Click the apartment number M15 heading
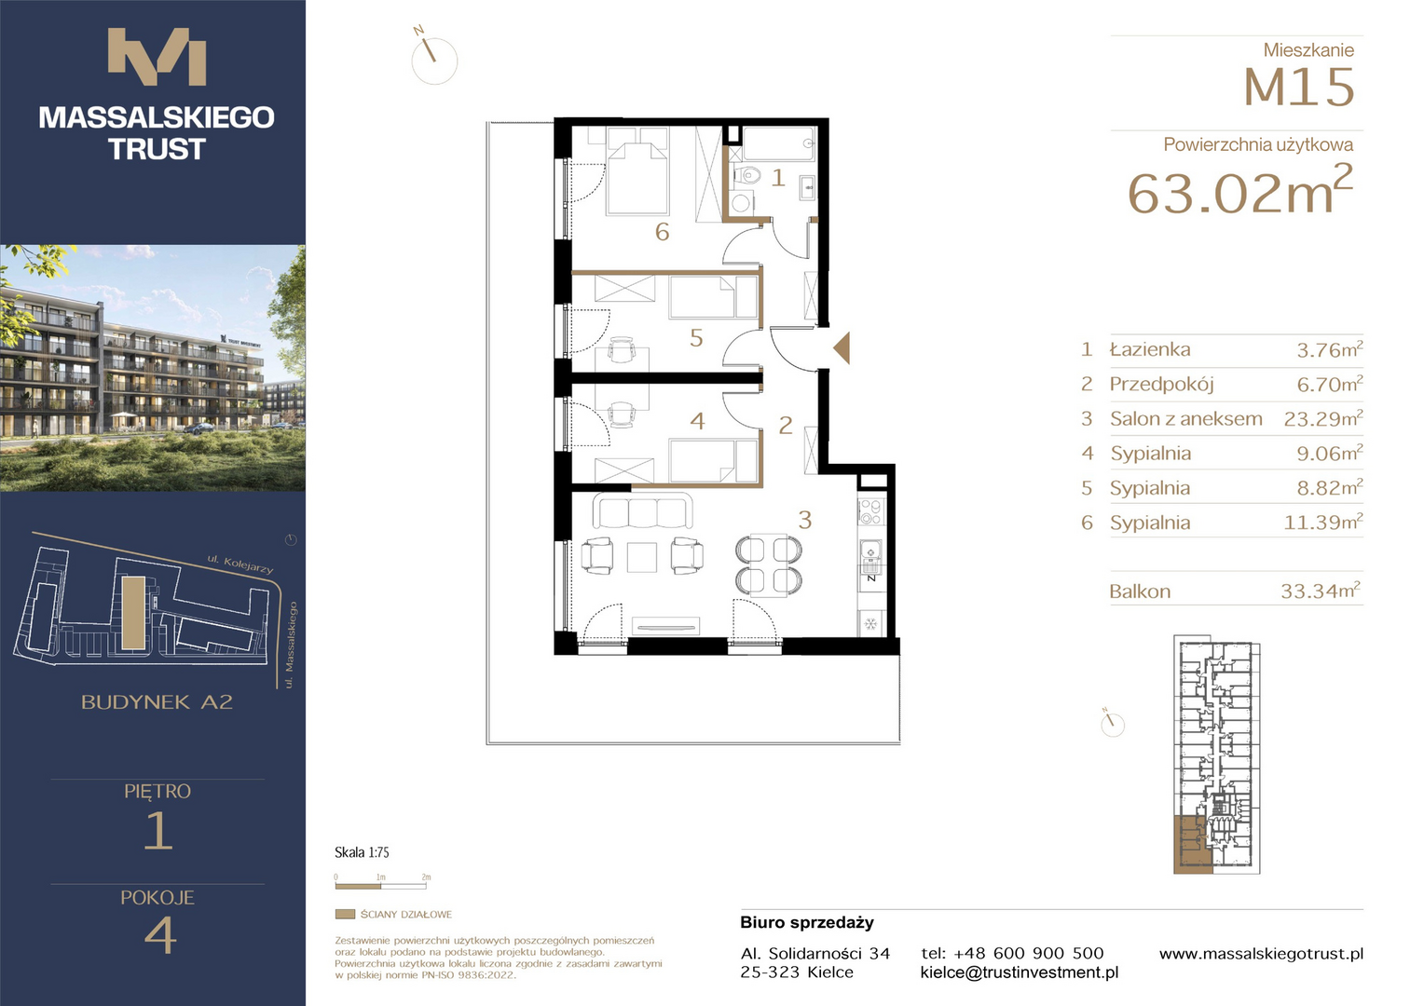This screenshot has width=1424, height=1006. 1299,87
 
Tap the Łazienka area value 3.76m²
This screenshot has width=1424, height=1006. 1330,349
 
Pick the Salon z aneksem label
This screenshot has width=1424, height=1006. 1186,419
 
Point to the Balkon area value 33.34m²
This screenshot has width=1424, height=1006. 1321,591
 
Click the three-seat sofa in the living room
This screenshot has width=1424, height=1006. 642,511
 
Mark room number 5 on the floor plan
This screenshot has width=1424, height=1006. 697,338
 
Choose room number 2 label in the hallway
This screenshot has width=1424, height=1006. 786,425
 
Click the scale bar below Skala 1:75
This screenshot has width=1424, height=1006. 383,885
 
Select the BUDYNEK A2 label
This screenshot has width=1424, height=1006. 157,702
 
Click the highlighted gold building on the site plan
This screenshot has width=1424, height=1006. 133,613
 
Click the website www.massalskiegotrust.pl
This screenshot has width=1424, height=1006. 1261,953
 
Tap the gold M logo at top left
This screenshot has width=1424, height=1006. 157,57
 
